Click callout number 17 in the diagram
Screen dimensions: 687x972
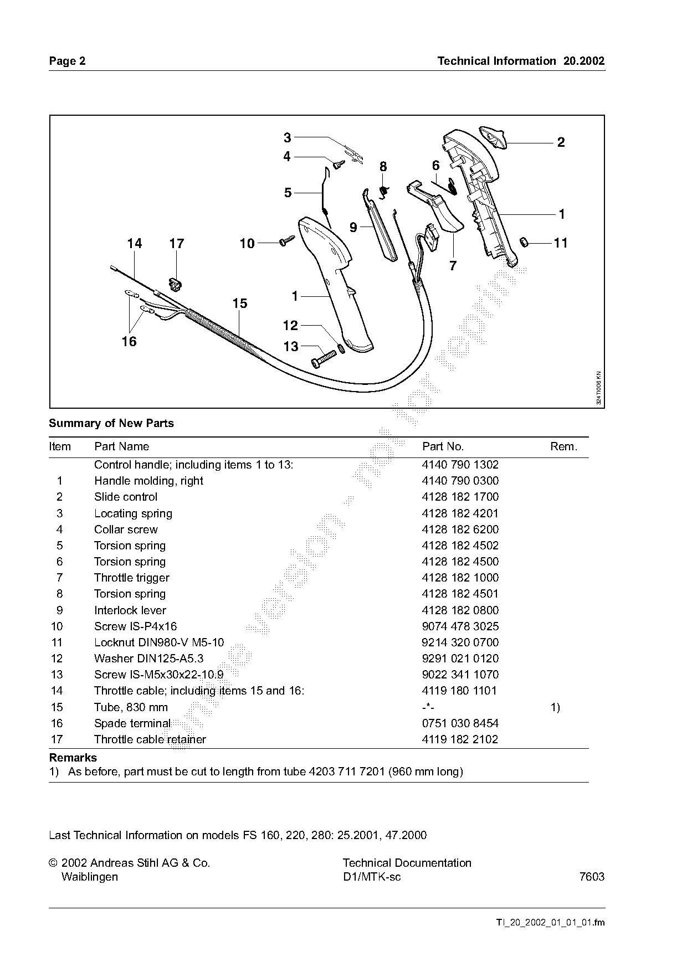(x=176, y=244)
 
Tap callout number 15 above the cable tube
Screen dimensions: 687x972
(x=239, y=304)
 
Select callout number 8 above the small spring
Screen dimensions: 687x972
(x=383, y=167)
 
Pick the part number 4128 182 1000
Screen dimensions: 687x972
(x=460, y=578)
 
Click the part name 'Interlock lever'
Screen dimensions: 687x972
(x=130, y=610)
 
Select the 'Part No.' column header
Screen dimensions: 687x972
(x=443, y=446)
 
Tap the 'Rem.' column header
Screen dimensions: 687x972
(x=563, y=446)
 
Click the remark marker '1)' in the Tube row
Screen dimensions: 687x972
(x=555, y=707)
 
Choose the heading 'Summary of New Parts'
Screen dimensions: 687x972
(x=111, y=423)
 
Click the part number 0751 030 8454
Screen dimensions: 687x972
(x=460, y=723)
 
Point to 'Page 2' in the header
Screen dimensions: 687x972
(x=67, y=61)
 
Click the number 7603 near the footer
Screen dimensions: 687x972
(x=592, y=877)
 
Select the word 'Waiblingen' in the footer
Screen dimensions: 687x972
(x=89, y=877)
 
